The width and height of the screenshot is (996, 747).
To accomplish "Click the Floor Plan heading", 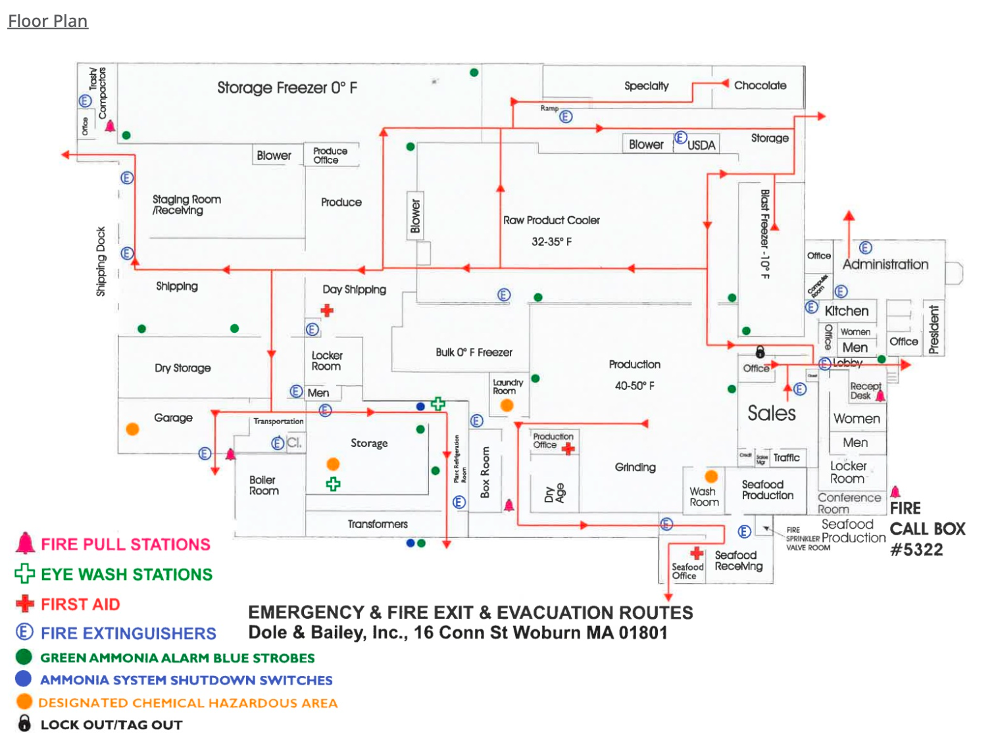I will coord(47,21).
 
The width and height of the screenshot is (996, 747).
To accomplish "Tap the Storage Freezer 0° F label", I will coord(287,87).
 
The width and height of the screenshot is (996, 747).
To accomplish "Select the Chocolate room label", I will coord(760,85).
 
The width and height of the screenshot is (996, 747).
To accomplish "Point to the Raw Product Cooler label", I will coord(551,220).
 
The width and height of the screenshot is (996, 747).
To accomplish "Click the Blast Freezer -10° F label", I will coord(764,233).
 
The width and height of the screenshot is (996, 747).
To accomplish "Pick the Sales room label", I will coord(771,413).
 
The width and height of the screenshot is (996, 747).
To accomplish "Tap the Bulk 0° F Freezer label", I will coord(474,352).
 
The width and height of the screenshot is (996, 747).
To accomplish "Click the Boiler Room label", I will coord(264,485).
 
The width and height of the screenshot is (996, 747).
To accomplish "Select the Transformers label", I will coord(378,524).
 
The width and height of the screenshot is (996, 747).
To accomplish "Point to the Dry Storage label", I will coord(183,368).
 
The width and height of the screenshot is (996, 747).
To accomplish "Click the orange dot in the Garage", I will coord(132,429).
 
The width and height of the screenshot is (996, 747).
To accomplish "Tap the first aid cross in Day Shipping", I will coord(327,310).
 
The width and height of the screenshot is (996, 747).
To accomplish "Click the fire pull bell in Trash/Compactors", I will coord(110,126).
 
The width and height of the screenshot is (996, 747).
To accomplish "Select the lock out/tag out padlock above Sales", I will coord(760,352).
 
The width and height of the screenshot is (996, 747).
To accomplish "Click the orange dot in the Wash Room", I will coord(711,476).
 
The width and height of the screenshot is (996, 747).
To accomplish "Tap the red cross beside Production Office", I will coord(568,448).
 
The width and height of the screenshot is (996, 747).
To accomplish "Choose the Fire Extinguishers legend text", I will coord(128,633).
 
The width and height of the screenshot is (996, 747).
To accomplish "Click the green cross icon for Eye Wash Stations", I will coord(24,573).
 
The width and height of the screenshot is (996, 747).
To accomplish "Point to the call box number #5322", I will coord(916,550).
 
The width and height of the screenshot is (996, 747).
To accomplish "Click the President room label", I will coord(934,329).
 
